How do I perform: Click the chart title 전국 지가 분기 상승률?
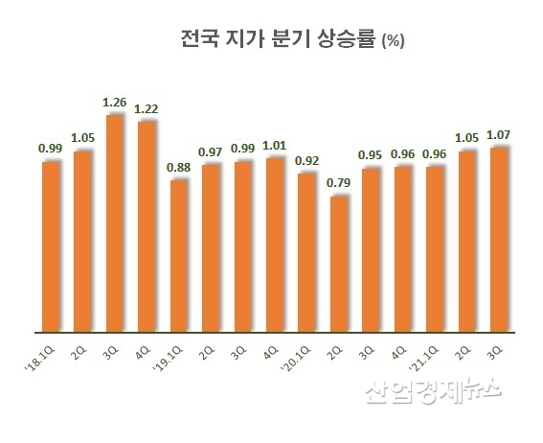click(x=278, y=40)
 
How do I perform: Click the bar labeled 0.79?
click(x=338, y=264)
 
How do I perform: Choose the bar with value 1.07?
click(x=498, y=240)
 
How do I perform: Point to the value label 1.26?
click(x=114, y=103)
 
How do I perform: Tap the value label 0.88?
click(x=179, y=168)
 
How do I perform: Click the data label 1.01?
click(x=275, y=146)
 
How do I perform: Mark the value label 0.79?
click(x=338, y=183)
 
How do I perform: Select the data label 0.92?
click(x=306, y=161)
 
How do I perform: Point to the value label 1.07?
click(x=498, y=135)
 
